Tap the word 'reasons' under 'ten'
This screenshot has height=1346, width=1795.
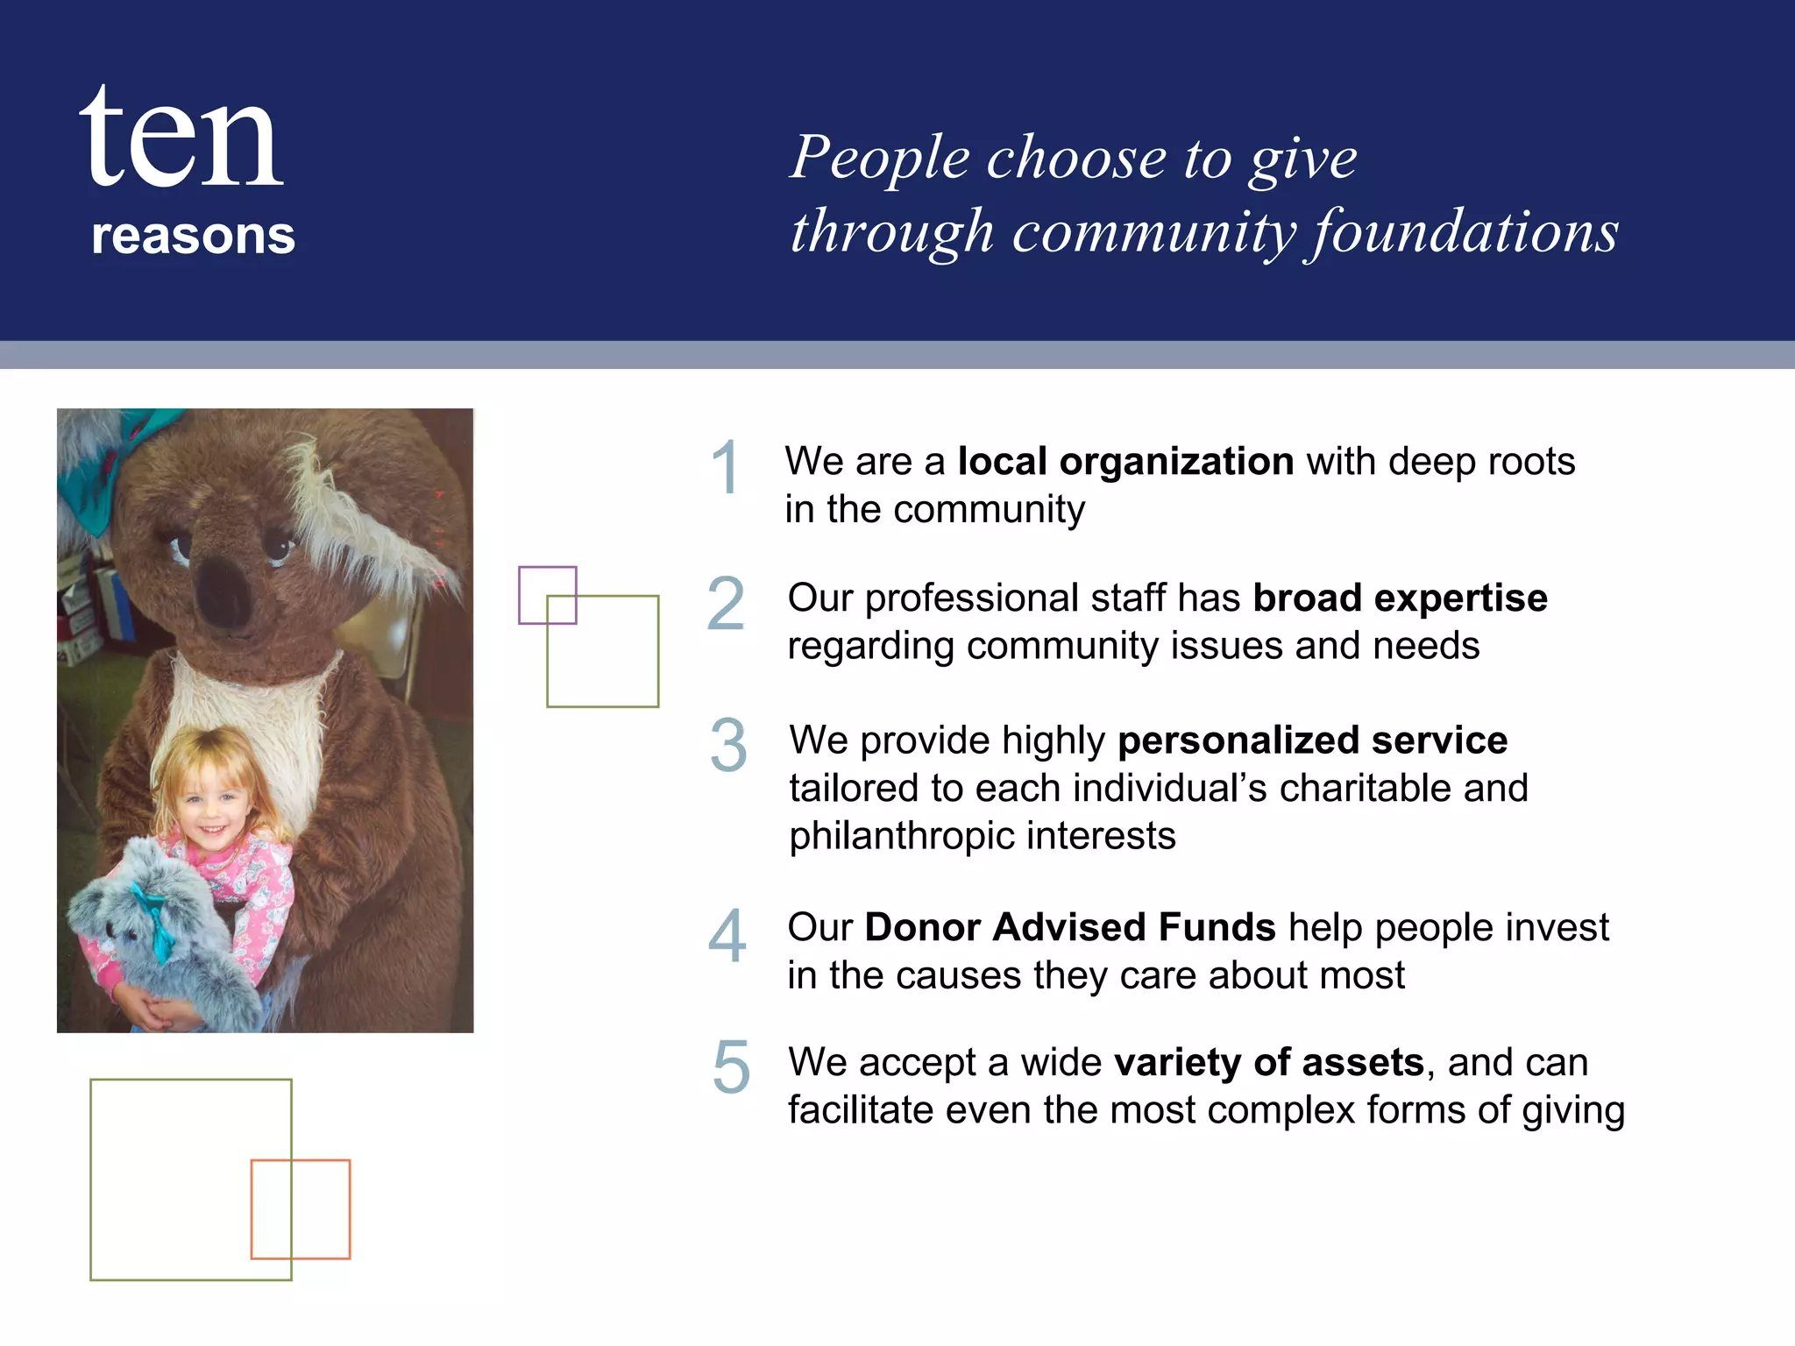(193, 236)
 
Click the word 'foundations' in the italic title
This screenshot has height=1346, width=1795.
(1462, 232)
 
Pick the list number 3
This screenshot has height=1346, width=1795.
(728, 746)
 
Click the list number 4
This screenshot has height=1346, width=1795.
(727, 936)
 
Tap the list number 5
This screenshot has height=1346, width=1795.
(731, 1067)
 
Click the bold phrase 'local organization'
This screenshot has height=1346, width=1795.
(1125, 461)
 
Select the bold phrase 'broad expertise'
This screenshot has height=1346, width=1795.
(1400, 598)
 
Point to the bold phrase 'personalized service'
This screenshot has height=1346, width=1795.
(1312, 740)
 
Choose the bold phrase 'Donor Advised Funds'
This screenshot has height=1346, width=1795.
(1069, 927)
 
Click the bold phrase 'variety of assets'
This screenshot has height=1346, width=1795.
(1268, 1062)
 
